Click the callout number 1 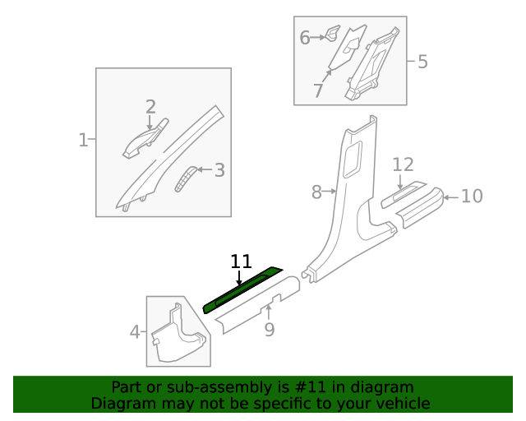click(83, 141)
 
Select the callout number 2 click(150, 106)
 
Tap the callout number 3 click(219, 170)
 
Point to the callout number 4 click(135, 332)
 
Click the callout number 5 click(422, 61)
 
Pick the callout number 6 click(304, 37)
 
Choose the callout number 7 click(318, 91)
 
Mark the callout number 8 click(316, 192)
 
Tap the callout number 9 click(269, 331)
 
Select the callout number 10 click(471, 196)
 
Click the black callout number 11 click(241, 261)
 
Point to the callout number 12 click(403, 164)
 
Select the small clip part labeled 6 click(333, 34)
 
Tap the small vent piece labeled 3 click(187, 178)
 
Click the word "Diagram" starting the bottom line click(119, 403)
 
